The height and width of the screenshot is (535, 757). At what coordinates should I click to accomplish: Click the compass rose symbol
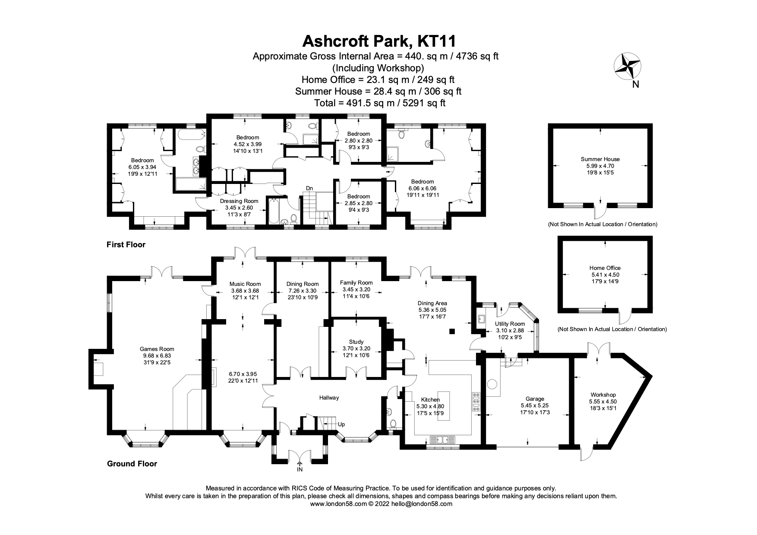[x=627, y=66]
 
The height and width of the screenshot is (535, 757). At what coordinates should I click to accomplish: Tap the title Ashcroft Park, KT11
[x=378, y=41]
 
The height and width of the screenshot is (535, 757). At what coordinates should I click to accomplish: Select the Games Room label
[x=157, y=349]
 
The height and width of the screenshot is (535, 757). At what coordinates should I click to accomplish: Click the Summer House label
[x=600, y=159]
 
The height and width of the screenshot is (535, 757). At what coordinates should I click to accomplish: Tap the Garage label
[x=535, y=399]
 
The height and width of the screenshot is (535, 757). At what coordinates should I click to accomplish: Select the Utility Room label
[x=510, y=324]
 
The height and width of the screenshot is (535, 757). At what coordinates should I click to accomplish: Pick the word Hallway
[x=329, y=398]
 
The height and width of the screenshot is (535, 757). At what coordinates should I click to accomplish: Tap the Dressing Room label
[x=239, y=201]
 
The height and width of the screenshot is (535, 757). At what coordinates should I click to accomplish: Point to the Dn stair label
[x=309, y=188]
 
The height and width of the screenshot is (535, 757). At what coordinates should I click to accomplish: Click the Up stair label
[x=341, y=424]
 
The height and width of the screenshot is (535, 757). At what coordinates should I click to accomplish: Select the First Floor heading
[x=126, y=245]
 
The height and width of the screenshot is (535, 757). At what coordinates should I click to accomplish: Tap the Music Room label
[x=245, y=284]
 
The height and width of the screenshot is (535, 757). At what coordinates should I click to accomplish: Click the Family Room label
[x=356, y=283]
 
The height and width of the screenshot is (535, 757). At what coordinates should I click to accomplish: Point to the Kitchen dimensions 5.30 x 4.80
[x=430, y=406]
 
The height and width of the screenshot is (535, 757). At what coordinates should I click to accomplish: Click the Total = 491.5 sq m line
[x=378, y=103]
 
